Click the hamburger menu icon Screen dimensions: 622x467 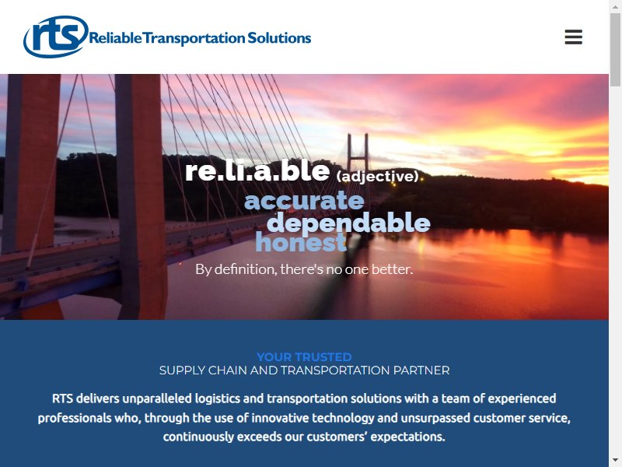click(x=573, y=37)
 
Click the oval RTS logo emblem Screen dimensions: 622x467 click(x=56, y=37)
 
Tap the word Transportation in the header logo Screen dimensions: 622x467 click(x=194, y=38)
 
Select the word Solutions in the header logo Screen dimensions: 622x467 click(x=279, y=37)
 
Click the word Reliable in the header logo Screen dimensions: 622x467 click(x=115, y=38)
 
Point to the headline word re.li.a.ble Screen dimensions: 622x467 click(x=257, y=170)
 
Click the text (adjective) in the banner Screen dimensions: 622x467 click(x=377, y=176)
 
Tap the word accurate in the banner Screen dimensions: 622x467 click(x=304, y=201)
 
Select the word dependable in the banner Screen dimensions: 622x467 click(x=349, y=222)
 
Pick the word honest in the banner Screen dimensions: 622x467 click(x=301, y=242)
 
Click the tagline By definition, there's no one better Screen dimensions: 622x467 click(x=304, y=269)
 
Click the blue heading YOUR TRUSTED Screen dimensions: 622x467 click(x=304, y=356)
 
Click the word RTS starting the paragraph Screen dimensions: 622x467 click(x=62, y=399)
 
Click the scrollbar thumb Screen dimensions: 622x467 click(x=615, y=50)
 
